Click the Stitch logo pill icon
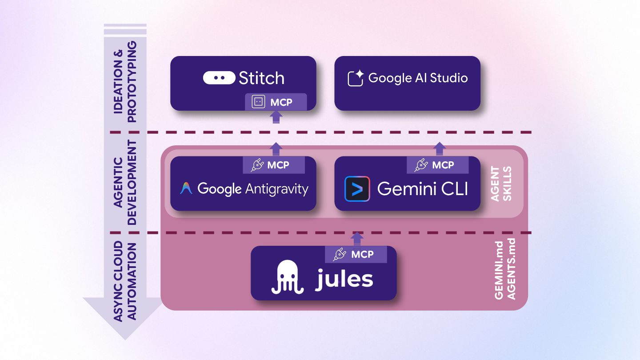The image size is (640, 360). pyautogui.click(x=219, y=78)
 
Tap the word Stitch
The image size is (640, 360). pyautogui.click(x=261, y=78)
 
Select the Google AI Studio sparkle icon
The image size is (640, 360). pyautogui.click(x=356, y=78)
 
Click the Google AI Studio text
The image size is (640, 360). pyautogui.click(x=418, y=78)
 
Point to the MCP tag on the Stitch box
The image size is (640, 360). pyautogui.click(x=276, y=102)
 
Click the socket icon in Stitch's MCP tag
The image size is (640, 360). pyautogui.click(x=258, y=102)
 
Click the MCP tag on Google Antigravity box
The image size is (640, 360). pyautogui.click(x=274, y=165)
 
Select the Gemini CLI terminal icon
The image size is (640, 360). pyautogui.click(x=357, y=189)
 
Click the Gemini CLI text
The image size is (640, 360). pyautogui.click(x=422, y=189)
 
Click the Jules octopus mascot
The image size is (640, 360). pyautogui.click(x=288, y=276)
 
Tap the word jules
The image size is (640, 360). pyautogui.click(x=344, y=279)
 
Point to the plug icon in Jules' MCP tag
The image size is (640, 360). pyautogui.click(x=339, y=255)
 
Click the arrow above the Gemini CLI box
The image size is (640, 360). pyautogui.click(x=440, y=148)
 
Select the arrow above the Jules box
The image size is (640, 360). pyautogui.click(x=357, y=238)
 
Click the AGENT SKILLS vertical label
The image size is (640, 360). pyautogui.click(x=501, y=184)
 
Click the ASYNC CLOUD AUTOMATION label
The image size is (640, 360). pyautogui.click(x=124, y=281)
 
